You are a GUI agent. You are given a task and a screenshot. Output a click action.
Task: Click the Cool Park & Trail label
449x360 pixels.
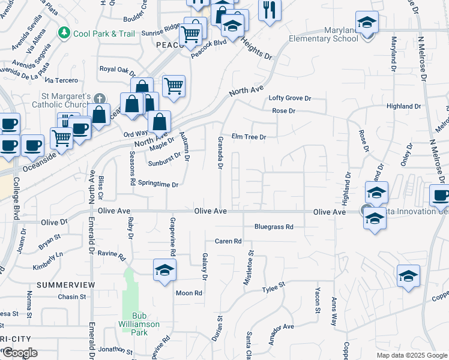104,34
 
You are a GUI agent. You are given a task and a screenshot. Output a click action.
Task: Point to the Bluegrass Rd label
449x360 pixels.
274,227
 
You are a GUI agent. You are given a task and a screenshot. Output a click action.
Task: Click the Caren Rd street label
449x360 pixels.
228,241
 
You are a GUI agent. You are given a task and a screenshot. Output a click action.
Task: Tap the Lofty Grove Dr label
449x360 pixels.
290,98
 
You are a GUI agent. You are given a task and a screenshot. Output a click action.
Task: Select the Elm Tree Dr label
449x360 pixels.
249,137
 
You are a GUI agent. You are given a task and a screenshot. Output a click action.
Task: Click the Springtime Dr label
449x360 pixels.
158,184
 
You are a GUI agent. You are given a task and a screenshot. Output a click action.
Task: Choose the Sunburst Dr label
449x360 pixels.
164,160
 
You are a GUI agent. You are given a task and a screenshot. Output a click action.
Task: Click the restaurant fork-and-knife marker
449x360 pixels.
270,9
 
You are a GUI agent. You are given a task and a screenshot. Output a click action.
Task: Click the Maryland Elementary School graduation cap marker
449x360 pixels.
367,23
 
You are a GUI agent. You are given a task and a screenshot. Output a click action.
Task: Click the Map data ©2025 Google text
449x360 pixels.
412,355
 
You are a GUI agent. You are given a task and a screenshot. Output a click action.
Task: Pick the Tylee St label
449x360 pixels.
273,290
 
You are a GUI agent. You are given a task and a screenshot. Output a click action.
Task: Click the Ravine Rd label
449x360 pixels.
112,256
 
